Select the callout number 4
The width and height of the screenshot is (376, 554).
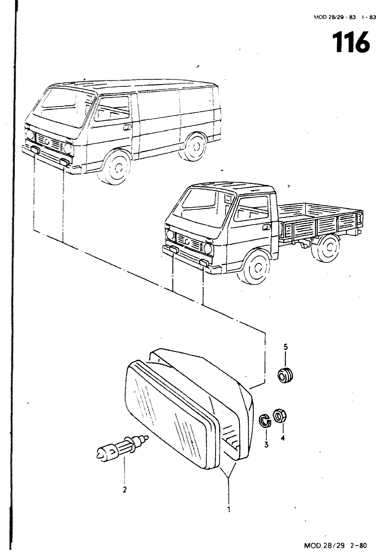click(x=283, y=438)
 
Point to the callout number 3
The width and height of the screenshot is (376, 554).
click(x=266, y=445)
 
